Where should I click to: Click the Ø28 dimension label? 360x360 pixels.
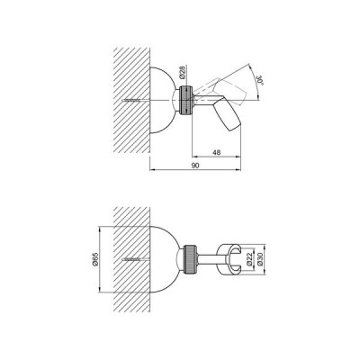click(184, 72)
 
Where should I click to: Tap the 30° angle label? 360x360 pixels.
click(259, 80)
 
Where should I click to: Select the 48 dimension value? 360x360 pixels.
click(216, 152)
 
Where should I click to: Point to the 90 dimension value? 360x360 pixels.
click(195, 166)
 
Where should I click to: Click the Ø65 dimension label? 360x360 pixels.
click(95, 259)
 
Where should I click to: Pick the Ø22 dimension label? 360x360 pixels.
click(249, 259)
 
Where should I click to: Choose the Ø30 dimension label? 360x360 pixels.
click(260, 259)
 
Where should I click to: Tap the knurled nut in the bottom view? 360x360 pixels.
click(190, 259)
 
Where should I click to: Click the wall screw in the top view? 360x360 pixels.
click(133, 101)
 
